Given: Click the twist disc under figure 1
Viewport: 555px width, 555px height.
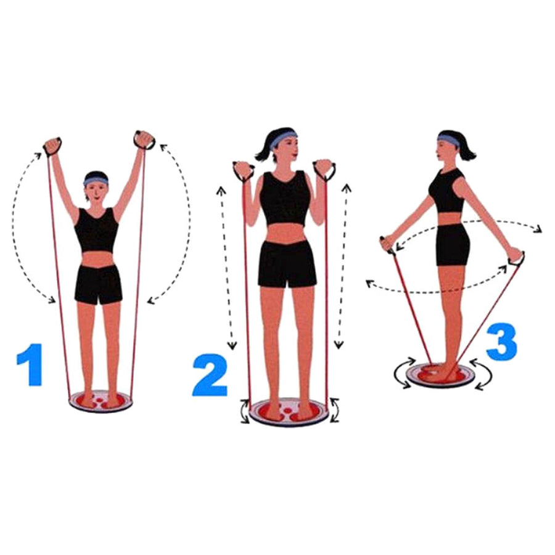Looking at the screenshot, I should (100, 402).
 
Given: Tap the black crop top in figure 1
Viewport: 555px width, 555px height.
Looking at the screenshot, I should (96, 230).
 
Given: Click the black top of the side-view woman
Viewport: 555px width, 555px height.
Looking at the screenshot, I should (447, 191).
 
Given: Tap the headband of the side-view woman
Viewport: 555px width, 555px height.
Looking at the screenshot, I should (448, 139).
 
